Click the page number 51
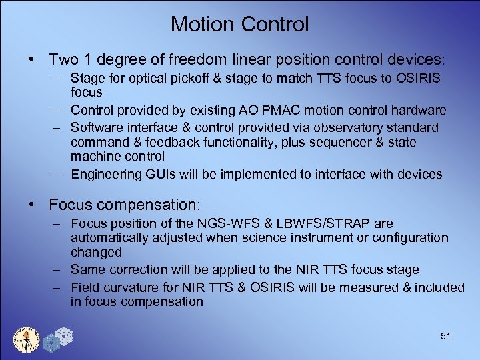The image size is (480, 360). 445,336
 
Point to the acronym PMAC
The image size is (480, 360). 273,109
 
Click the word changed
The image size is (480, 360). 97,253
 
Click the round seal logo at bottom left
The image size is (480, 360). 27,339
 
